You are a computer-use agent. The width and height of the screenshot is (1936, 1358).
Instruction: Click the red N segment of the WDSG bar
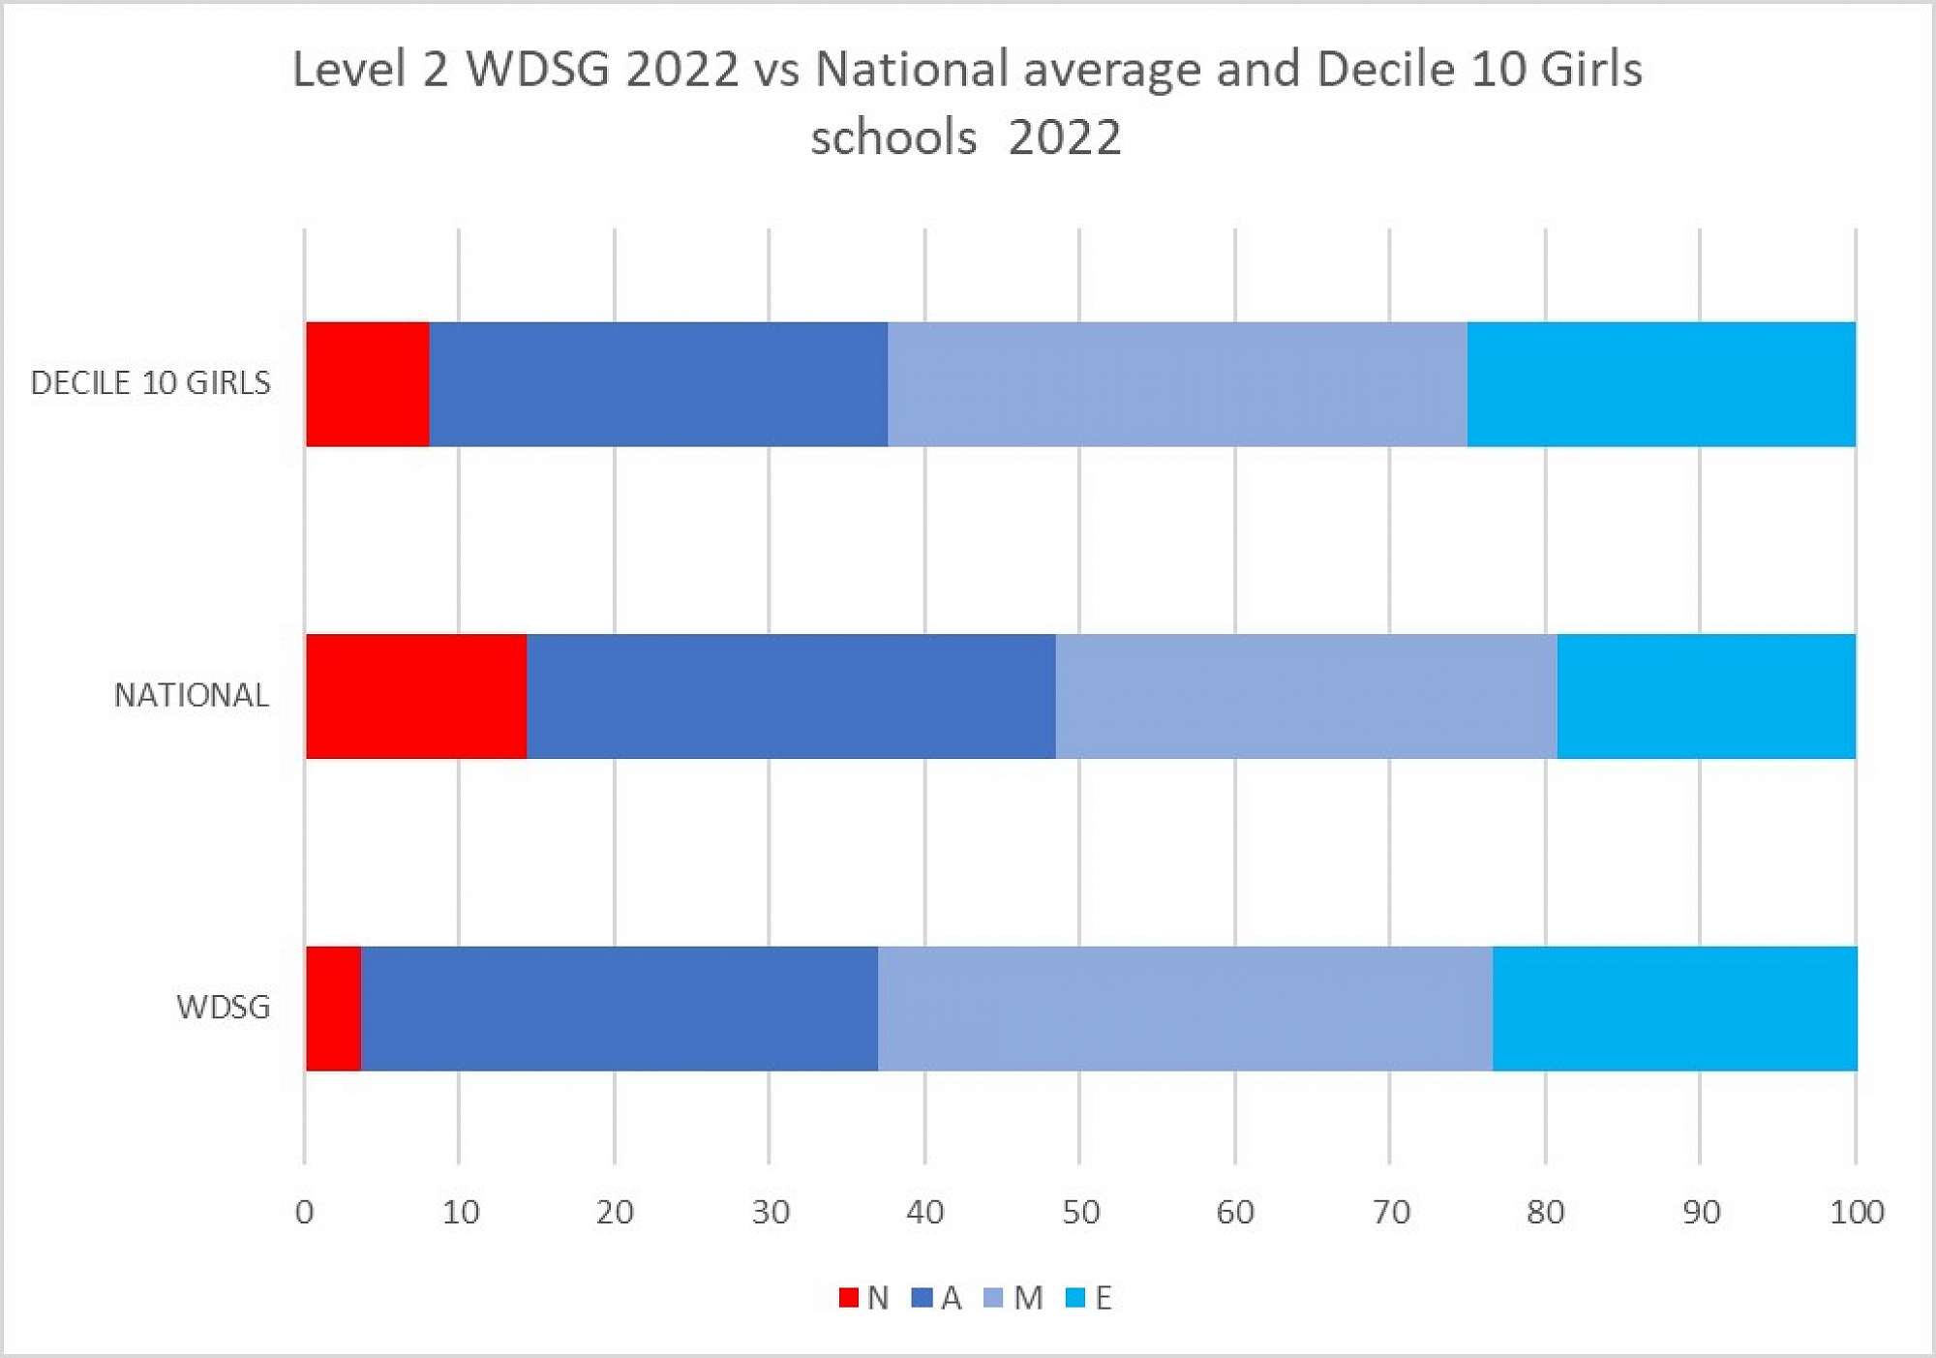point(334,1009)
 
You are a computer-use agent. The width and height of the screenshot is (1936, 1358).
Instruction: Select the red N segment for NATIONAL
point(416,696)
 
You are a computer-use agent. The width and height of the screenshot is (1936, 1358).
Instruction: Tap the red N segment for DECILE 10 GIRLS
point(368,384)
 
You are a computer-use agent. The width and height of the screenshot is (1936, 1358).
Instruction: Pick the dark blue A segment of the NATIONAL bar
point(791,696)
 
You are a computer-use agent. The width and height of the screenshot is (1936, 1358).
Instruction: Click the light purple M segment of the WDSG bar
point(1185,1009)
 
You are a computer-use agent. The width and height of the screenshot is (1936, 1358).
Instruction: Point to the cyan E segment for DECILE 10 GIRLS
point(1661,384)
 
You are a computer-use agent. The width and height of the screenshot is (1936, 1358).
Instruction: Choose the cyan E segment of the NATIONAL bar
point(1707,696)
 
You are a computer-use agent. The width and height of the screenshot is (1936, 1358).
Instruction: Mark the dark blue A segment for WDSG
point(620,1009)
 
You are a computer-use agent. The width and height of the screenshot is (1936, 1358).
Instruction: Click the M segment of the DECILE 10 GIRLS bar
point(1177,384)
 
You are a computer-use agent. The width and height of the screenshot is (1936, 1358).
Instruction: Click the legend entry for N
point(864,1298)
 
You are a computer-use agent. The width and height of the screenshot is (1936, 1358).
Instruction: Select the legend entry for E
point(1089,1298)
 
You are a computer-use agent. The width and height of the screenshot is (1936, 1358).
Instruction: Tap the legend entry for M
point(1013,1298)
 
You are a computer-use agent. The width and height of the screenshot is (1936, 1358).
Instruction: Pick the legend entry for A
point(937,1298)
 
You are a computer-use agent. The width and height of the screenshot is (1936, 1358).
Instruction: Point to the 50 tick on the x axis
point(1080,1212)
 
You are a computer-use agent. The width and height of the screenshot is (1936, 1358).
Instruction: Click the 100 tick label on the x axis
point(1856,1212)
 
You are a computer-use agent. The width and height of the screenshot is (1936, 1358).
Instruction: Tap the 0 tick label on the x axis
point(305,1212)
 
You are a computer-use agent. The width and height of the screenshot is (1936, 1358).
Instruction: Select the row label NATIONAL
point(192,695)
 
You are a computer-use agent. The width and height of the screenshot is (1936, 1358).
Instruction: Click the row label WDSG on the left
point(223,1008)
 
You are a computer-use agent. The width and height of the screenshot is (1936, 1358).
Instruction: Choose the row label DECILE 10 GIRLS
point(151,383)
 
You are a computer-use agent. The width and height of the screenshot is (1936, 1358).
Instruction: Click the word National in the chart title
point(912,70)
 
